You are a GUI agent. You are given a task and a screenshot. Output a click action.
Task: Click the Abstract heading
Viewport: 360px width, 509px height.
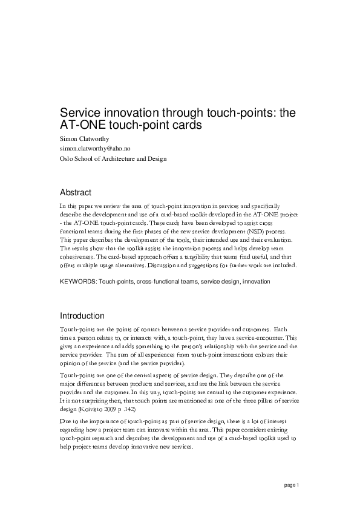(x=76, y=193)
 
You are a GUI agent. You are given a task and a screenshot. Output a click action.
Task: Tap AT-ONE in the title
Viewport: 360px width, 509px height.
(x=80, y=126)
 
